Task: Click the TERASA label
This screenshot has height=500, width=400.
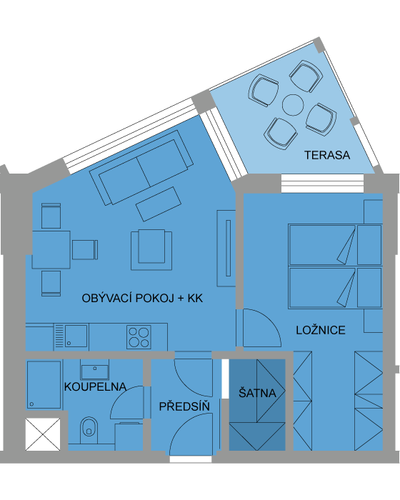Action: [327, 155]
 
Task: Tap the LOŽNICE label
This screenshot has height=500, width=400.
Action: [321, 330]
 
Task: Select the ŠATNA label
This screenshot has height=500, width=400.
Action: [257, 393]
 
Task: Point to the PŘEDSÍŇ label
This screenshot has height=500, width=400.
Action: [184, 406]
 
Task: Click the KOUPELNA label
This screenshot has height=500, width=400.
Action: [95, 387]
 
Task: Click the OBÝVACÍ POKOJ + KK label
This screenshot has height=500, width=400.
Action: [142, 298]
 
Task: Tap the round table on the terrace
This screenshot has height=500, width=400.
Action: [293, 105]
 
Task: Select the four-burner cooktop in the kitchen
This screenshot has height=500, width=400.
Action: [139, 336]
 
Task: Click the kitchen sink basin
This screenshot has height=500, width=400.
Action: [76, 336]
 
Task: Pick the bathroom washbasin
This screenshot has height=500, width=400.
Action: [95, 370]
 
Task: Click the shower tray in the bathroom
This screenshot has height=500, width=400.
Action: [44, 384]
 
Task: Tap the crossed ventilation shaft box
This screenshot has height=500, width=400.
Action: [43, 434]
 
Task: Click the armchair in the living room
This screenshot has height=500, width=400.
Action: [151, 249]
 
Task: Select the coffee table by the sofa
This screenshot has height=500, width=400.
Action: [159, 204]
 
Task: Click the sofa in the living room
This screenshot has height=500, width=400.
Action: [141, 168]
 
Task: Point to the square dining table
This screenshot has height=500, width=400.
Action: [51, 250]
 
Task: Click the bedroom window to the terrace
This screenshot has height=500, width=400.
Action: [322, 183]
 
